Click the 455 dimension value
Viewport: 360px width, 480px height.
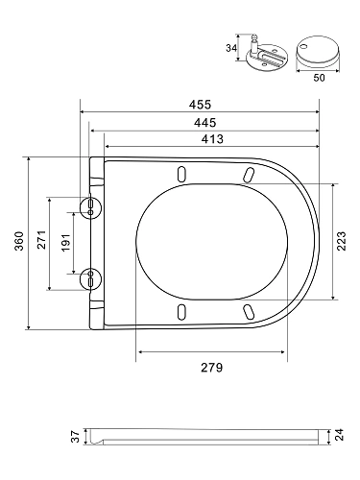pyautogui.click(x=200, y=105)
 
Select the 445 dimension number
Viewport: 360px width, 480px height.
pyautogui.click(x=204, y=123)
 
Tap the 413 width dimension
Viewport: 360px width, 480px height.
pyautogui.click(x=212, y=139)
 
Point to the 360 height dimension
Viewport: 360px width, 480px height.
pyautogui.click(x=19, y=241)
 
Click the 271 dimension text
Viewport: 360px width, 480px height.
pyautogui.click(x=42, y=240)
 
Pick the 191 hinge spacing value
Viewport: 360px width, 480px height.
pyautogui.click(x=65, y=242)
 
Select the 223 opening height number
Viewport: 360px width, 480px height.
pyautogui.click(x=342, y=241)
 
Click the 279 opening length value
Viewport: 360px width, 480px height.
pyautogui.click(x=212, y=368)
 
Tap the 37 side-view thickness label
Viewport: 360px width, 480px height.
pyautogui.click(x=75, y=437)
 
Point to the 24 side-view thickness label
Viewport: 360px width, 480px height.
pyautogui.click(x=340, y=435)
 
